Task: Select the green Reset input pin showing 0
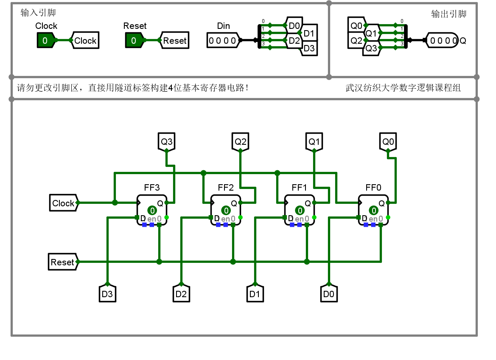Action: (x=133, y=41)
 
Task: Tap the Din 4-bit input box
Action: (x=222, y=41)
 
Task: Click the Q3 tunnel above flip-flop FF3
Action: (x=166, y=141)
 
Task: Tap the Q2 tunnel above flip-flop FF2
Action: (x=240, y=141)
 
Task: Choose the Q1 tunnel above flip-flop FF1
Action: (x=314, y=141)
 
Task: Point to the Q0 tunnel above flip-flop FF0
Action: (x=388, y=141)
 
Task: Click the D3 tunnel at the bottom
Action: (x=107, y=293)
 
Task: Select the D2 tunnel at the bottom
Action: (x=181, y=293)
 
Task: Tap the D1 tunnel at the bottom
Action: (x=255, y=293)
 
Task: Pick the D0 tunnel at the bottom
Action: (x=329, y=293)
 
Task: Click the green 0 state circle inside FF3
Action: (x=152, y=211)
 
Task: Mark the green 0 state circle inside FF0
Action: (x=374, y=211)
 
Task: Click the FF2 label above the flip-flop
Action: (x=226, y=188)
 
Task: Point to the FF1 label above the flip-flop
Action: (x=300, y=188)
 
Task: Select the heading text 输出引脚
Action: (x=448, y=14)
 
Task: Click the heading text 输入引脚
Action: (x=38, y=13)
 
